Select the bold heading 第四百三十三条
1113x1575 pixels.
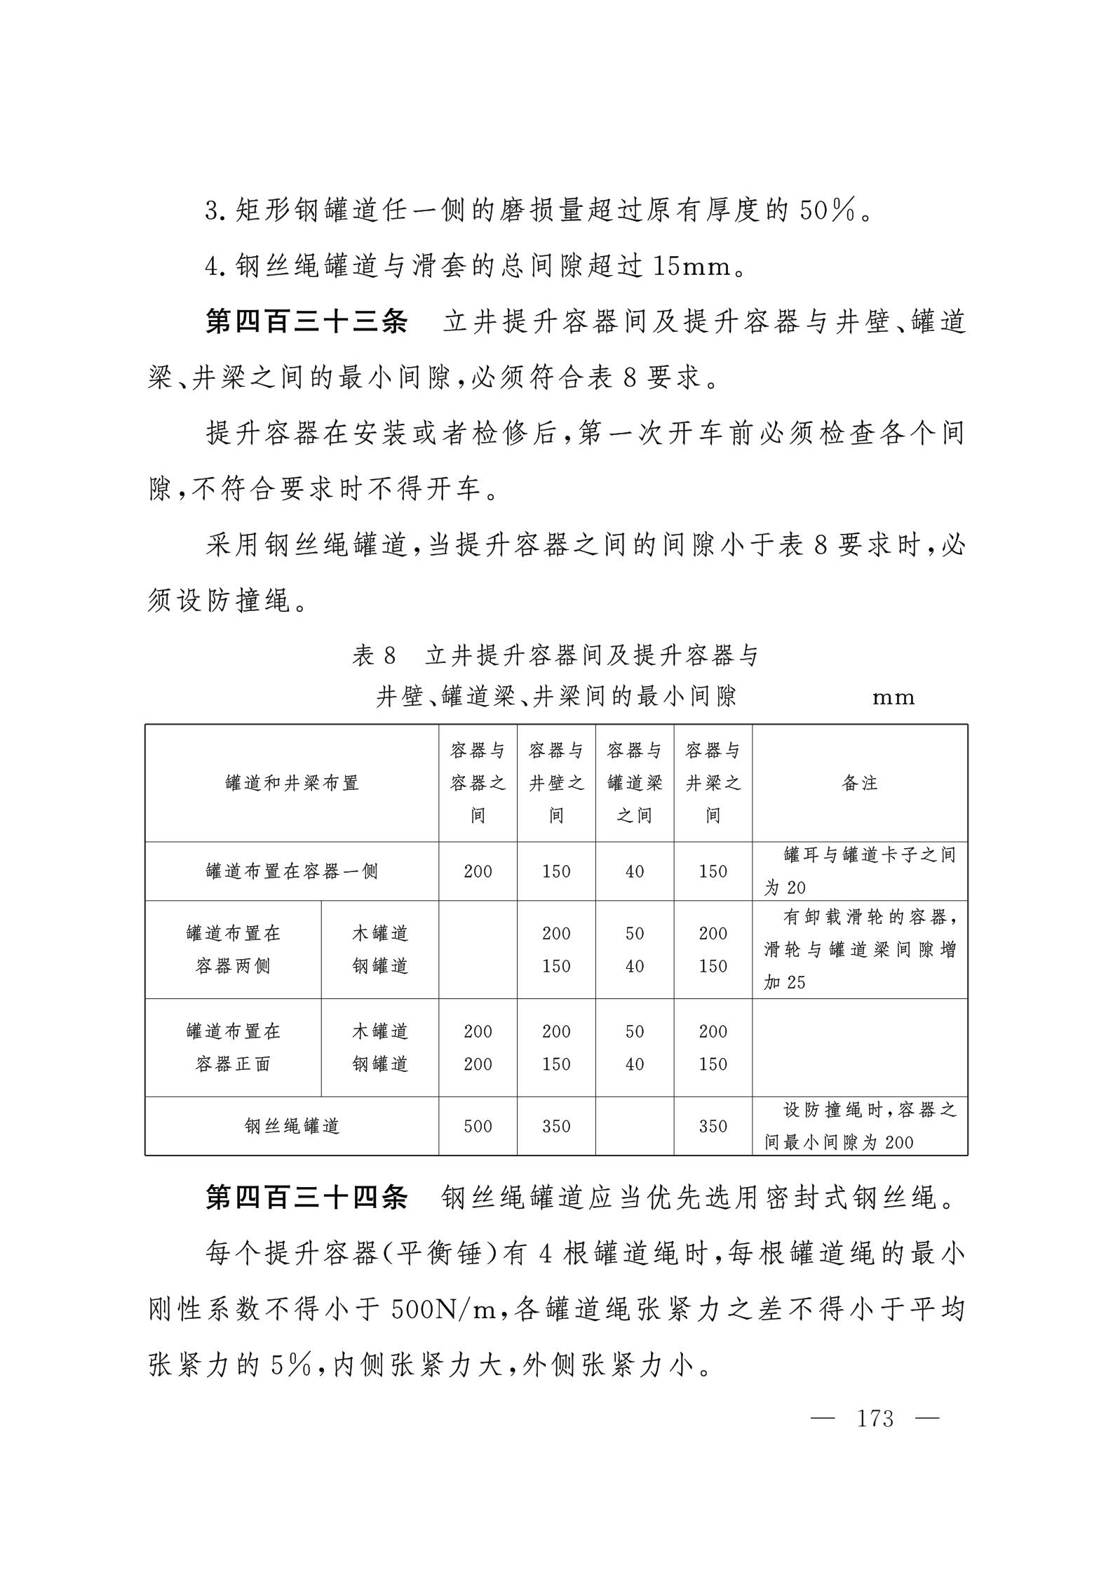306,322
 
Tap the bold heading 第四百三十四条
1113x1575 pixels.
306,1198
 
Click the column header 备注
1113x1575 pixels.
860,783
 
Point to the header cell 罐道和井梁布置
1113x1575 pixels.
292,783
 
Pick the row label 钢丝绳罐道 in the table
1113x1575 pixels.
292,1126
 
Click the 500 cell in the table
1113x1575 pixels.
478,1126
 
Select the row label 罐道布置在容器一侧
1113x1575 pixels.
292,871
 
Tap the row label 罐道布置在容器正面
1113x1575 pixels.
233,1047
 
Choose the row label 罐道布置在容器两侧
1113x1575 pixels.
233,949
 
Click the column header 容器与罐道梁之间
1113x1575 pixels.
635,783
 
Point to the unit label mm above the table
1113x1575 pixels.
893,697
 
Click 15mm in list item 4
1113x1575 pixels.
692,267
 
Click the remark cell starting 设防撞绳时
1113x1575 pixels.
860,1126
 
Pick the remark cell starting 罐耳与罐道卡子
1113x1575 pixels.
860,871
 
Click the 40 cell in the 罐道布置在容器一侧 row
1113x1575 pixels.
635,871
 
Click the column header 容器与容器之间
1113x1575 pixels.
478,783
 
